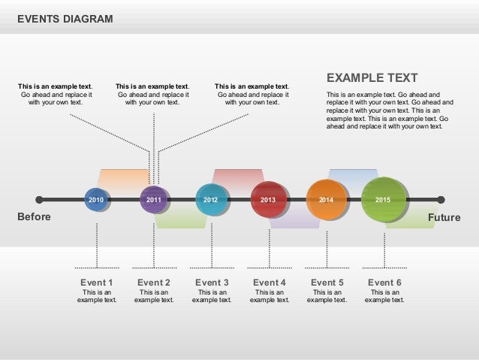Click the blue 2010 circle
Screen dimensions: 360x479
pyautogui.click(x=96, y=200)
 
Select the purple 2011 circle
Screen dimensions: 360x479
pyautogui.click(x=153, y=200)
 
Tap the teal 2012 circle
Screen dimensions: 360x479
pyautogui.click(x=210, y=200)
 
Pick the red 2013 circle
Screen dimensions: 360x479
pyautogui.click(x=268, y=200)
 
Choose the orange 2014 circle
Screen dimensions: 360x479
pyautogui.click(x=326, y=200)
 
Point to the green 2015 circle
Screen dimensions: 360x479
pyautogui.click(x=383, y=200)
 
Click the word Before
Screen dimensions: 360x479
pyautogui.click(x=34, y=217)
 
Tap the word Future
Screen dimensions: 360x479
pyautogui.click(x=444, y=217)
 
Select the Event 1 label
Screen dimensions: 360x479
pyautogui.click(x=96, y=283)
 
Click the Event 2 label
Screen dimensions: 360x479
pyautogui.click(x=154, y=283)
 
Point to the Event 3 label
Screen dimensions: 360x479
pyautogui.click(x=211, y=283)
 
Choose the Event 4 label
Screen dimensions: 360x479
pyautogui.click(x=269, y=283)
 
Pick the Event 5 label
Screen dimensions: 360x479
pyautogui.click(x=327, y=283)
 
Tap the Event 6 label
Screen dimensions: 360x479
pyautogui.click(x=384, y=283)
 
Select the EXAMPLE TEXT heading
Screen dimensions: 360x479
pyautogui.click(x=372, y=79)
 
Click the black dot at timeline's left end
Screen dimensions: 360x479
pyautogui.click(x=40, y=200)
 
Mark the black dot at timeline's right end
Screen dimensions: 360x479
pyautogui.click(x=441, y=200)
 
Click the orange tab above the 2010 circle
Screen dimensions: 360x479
pyautogui.click(x=122, y=179)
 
